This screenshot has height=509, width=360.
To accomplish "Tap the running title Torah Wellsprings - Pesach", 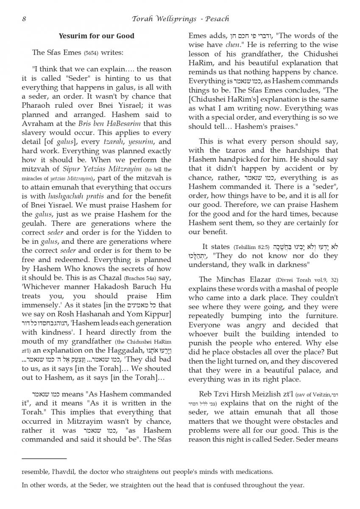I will [180, 19].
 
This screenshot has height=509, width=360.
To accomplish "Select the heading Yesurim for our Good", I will [96, 36].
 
